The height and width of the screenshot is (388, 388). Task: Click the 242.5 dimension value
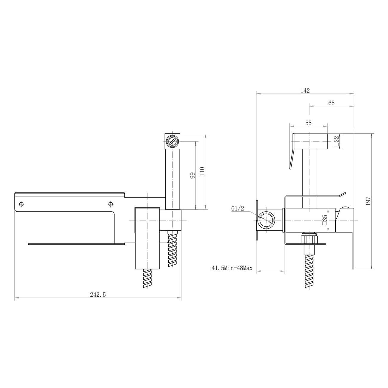[x=98, y=295]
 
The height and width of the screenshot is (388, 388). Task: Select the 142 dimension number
[x=305, y=91]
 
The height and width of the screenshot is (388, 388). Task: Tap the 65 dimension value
[x=331, y=103]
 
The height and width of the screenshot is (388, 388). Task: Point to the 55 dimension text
[x=309, y=123]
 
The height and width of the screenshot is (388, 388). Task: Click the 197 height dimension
[x=368, y=201]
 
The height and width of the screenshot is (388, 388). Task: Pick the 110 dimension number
[x=202, y=171]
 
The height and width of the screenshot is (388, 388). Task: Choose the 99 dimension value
[x=193, y=175]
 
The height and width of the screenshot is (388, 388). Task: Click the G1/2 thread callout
[x=238, y=209]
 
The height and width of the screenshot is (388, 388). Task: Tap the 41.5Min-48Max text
[x=232, y=268]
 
